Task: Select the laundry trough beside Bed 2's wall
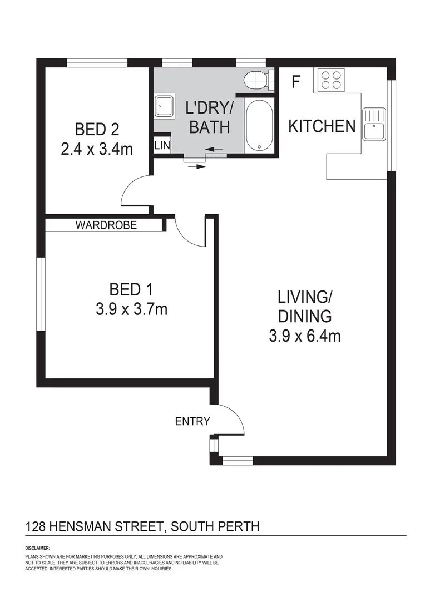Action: click(x=165, y=105)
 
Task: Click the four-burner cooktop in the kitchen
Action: click(x=331, y=80)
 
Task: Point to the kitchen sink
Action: click(x=373, y=124)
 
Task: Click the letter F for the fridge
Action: click(x=295, y=82)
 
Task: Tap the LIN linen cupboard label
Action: click(x=162, y=145)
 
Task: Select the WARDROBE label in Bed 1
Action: click(x=106, y=225)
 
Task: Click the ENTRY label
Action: click(x=192, y=421)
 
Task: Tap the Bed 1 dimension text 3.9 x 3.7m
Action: click(x=131, y=309)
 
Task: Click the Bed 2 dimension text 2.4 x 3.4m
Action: click(x=97, y=149)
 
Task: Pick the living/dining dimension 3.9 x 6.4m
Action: click(x=304, y=336)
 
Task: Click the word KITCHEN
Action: click(x=322, y=126)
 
